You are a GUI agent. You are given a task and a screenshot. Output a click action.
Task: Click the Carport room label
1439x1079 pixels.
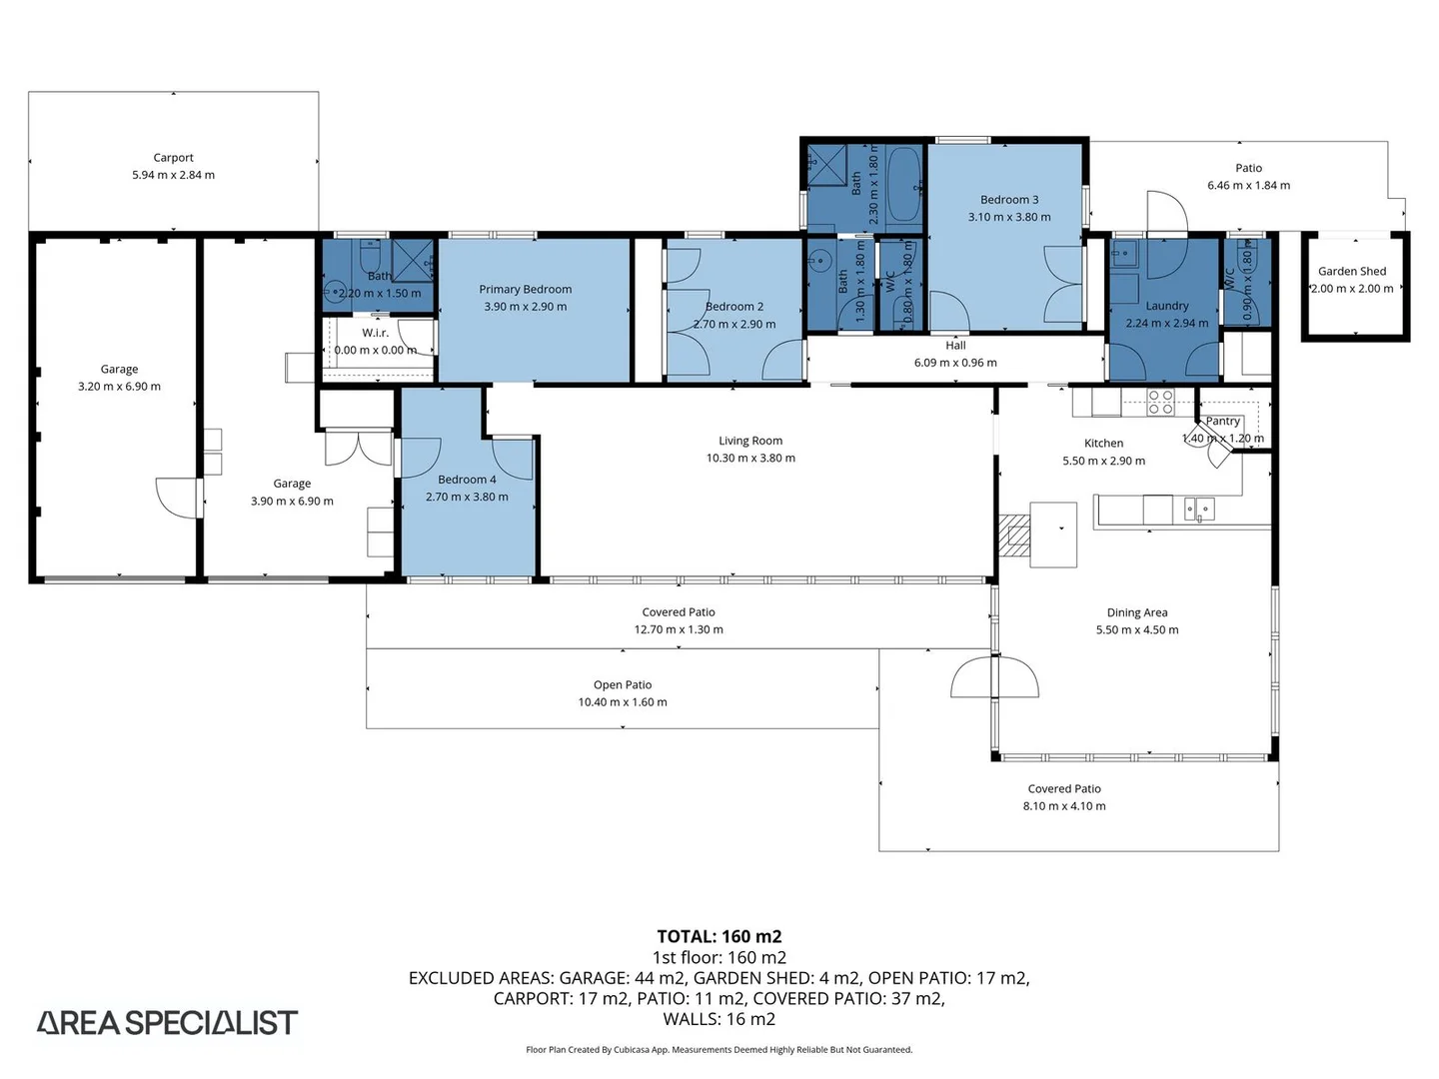pos(173,158)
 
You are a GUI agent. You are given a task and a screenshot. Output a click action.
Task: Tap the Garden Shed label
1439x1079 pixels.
pos(1352,271)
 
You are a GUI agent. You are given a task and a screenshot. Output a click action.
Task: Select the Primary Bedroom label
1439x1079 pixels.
pos(525,290)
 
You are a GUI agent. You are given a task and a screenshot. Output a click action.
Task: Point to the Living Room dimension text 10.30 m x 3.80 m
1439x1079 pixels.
pos(750,458)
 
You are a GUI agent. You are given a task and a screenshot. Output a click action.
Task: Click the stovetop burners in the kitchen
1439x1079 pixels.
pos(1160,403)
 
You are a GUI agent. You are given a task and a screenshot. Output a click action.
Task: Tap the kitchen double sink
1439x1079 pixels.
pos(1199,510)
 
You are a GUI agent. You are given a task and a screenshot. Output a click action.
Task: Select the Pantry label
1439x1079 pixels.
pos(1223,422)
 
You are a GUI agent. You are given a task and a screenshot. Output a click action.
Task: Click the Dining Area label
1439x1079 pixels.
pos(1137,612)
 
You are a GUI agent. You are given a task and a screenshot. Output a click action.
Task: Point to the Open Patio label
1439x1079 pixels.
pos(623,684)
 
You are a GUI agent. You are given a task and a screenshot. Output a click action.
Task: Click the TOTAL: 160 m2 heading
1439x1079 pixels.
pos(719,936)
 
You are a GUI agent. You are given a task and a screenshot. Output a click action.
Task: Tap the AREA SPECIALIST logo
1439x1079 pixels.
pos(167,1023)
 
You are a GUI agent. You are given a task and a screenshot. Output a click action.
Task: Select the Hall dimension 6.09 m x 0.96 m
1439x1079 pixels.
pos(955,363)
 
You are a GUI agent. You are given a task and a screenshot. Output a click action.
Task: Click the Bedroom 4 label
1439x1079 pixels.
pos(467,480)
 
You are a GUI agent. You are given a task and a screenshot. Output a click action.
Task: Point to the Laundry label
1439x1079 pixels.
pos(1167,306)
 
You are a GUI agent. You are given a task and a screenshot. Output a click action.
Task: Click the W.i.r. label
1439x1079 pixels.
pos(375,333)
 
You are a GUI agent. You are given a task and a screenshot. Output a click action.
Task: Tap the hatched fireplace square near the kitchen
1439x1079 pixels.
pos(1015,536)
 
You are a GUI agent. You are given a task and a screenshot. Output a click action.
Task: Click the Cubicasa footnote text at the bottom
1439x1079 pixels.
pos(719,1049)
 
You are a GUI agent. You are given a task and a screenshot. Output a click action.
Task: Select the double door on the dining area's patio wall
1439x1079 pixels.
pos(994,676)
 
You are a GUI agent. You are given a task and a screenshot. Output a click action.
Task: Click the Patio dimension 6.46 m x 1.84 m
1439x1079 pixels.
pos(1248,186)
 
